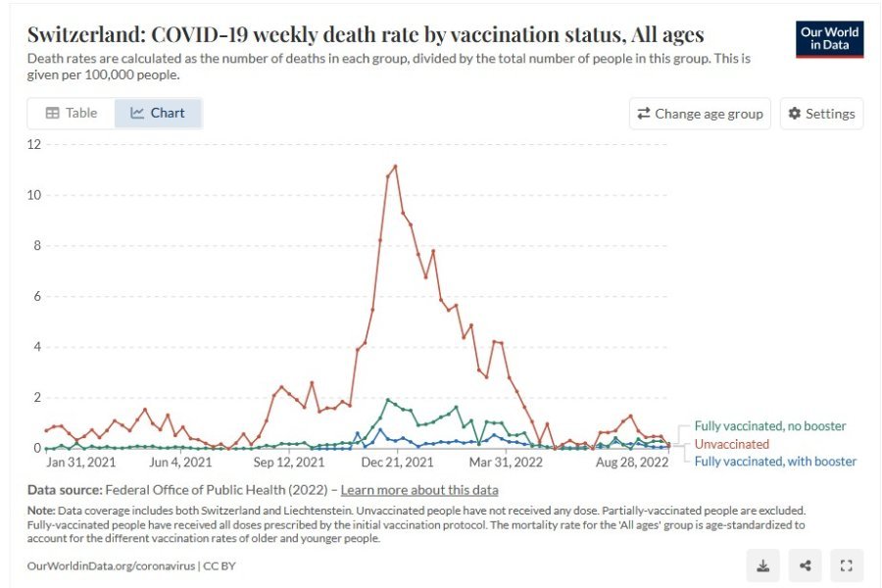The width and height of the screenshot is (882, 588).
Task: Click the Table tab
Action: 71,113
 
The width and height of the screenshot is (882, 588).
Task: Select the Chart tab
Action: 158,113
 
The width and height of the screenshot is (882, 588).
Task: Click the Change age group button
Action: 700,114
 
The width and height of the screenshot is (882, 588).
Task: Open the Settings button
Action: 821,114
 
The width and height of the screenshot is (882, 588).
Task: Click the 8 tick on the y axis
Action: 37,245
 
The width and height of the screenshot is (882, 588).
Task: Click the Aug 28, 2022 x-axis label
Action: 634,462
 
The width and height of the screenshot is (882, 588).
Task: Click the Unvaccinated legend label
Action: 731,444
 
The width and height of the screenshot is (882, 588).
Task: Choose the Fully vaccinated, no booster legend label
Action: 770,426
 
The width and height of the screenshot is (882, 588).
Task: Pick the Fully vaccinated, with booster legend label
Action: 775,462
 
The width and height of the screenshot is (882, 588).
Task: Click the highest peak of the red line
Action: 395,166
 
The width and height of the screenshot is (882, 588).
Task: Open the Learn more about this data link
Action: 419,490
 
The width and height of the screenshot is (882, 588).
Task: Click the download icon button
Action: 762,564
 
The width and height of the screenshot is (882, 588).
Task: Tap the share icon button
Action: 805,564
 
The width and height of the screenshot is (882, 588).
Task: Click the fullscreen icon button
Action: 847,564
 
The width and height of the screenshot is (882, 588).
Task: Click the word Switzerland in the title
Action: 83,35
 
